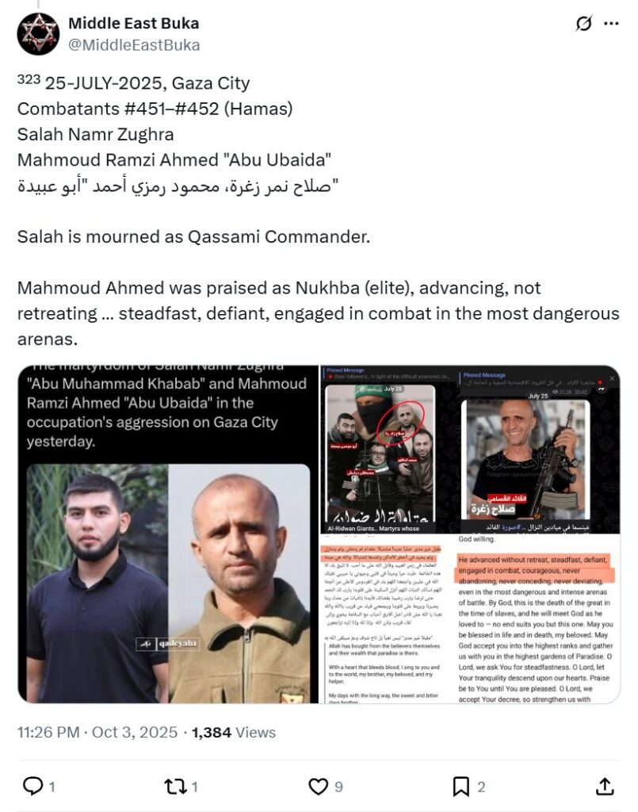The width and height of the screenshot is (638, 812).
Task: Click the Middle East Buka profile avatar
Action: click(x=38, y=34)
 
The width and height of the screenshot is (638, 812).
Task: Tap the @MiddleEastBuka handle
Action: click(x=134, y=45)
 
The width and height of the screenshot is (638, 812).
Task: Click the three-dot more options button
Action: click(x=611, y=25)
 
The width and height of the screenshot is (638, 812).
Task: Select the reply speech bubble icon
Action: click(x=32, y=786)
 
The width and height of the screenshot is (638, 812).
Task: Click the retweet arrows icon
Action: click(x=174, y=786)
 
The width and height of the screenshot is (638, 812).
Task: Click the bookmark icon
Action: click(x=461, y=786)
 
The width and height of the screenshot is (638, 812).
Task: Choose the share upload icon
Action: click(x=604, y=786)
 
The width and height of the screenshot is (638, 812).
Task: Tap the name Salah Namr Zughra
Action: click(x=96, y=134)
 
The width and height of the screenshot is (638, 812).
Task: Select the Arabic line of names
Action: click(x=178, y=186)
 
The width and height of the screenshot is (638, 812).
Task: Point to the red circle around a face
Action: click(x=403, y=418)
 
